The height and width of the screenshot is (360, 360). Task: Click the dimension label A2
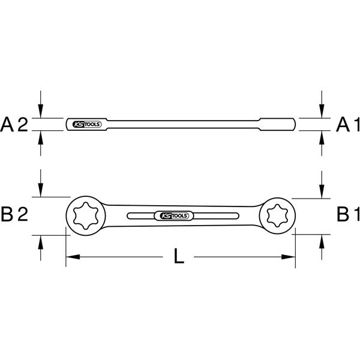click(14, 125)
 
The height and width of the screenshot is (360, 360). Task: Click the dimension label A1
click(348, 125)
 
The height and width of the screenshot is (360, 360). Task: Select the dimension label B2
click(14, 214)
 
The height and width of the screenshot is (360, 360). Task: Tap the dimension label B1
click(348, 214)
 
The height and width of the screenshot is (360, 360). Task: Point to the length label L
click(179, 256)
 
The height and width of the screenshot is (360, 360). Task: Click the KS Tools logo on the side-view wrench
click(87, 124)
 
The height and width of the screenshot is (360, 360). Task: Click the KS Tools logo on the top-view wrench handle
click(174, 216)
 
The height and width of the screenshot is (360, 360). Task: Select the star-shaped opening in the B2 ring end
click(86, 215)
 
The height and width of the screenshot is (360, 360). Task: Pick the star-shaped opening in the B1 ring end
click(277, 216)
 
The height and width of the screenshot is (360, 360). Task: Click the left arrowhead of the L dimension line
click(73, 257)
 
